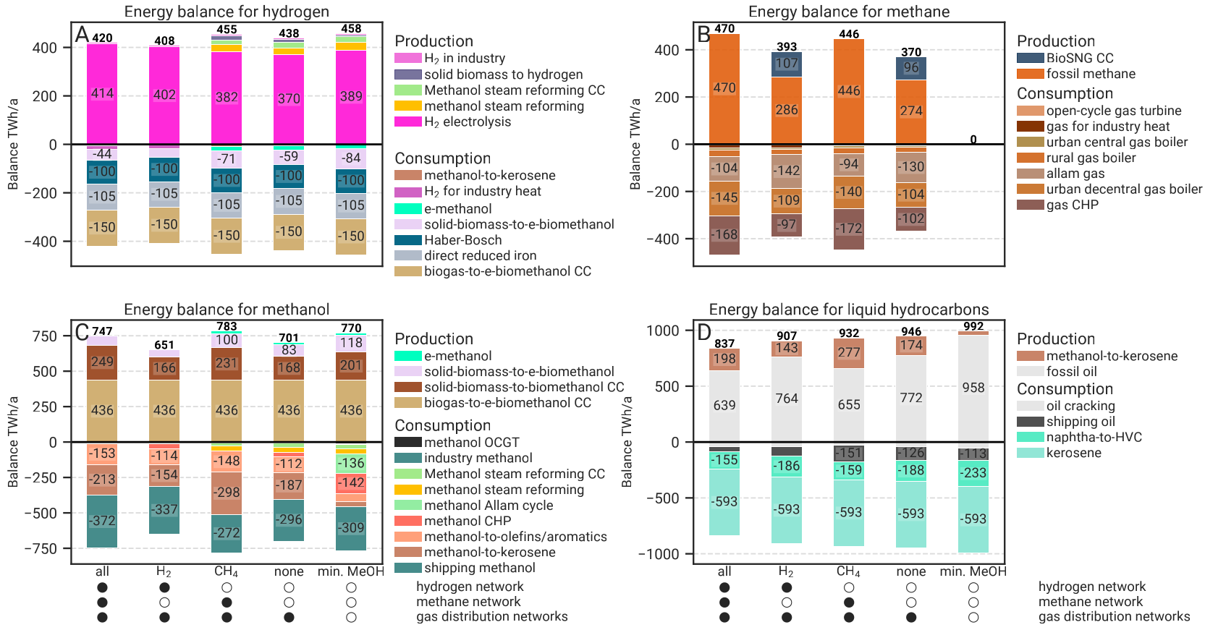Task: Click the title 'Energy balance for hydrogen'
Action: tap(227, 12)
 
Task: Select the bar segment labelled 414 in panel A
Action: tap(102, 93)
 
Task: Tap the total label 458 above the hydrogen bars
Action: tap(351, 29)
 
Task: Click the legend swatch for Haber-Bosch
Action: tap(407, 240)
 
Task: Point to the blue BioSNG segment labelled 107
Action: tap(787, 64)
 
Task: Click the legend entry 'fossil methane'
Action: tap(1090, 74)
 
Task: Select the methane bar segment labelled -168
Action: tap(724, 234)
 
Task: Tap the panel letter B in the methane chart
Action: tap(703, 34)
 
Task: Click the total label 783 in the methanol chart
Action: tap(227, 326)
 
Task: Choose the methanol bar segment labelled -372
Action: tap(102, 521)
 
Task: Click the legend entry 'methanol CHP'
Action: tap(467, 521)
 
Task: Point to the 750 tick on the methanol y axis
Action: tap(44, 336)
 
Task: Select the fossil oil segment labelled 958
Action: tap(973, 388)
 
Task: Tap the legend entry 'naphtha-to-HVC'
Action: tap(1094, 437)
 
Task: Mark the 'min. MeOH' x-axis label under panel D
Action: tap(973, 571)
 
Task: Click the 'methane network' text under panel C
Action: tap(468, 602)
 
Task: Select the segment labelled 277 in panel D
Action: tap(849, 352)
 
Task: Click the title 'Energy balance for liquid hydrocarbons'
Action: tap(848, 310)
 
